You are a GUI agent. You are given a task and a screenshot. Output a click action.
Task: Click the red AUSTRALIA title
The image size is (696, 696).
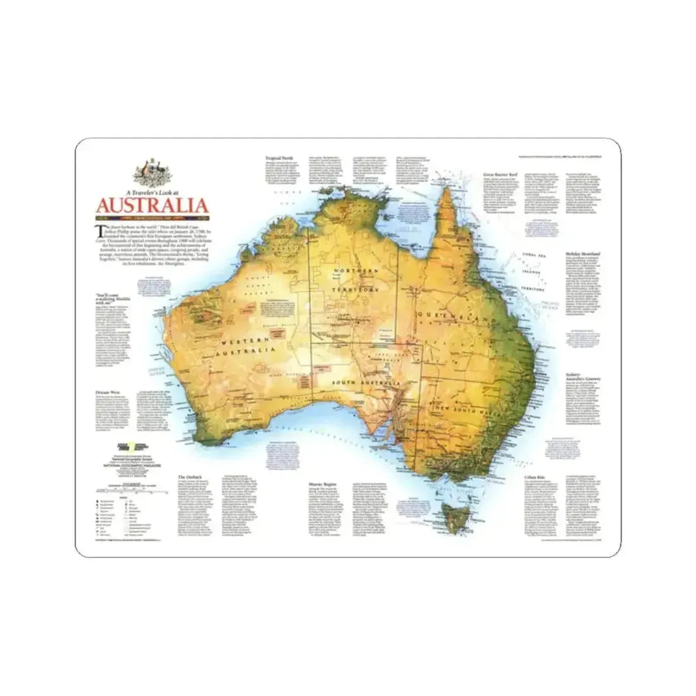coord(152,206)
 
